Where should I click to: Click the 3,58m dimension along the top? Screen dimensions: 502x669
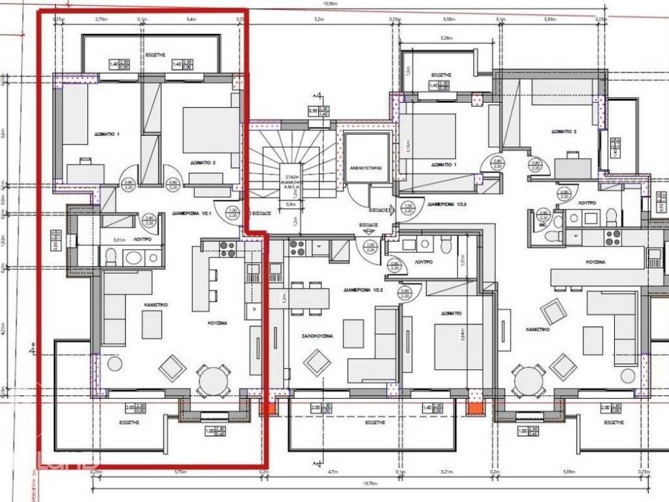[x=448, y=20]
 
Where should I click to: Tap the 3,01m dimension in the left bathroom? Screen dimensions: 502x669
[x=120, y=239]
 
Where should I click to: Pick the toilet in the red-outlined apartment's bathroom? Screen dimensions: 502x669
[x=110, y=257]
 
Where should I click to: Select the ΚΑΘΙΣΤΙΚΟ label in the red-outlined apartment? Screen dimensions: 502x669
[x=157, y=304]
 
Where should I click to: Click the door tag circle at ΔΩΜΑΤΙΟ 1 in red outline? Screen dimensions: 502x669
[x=129, y=185]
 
